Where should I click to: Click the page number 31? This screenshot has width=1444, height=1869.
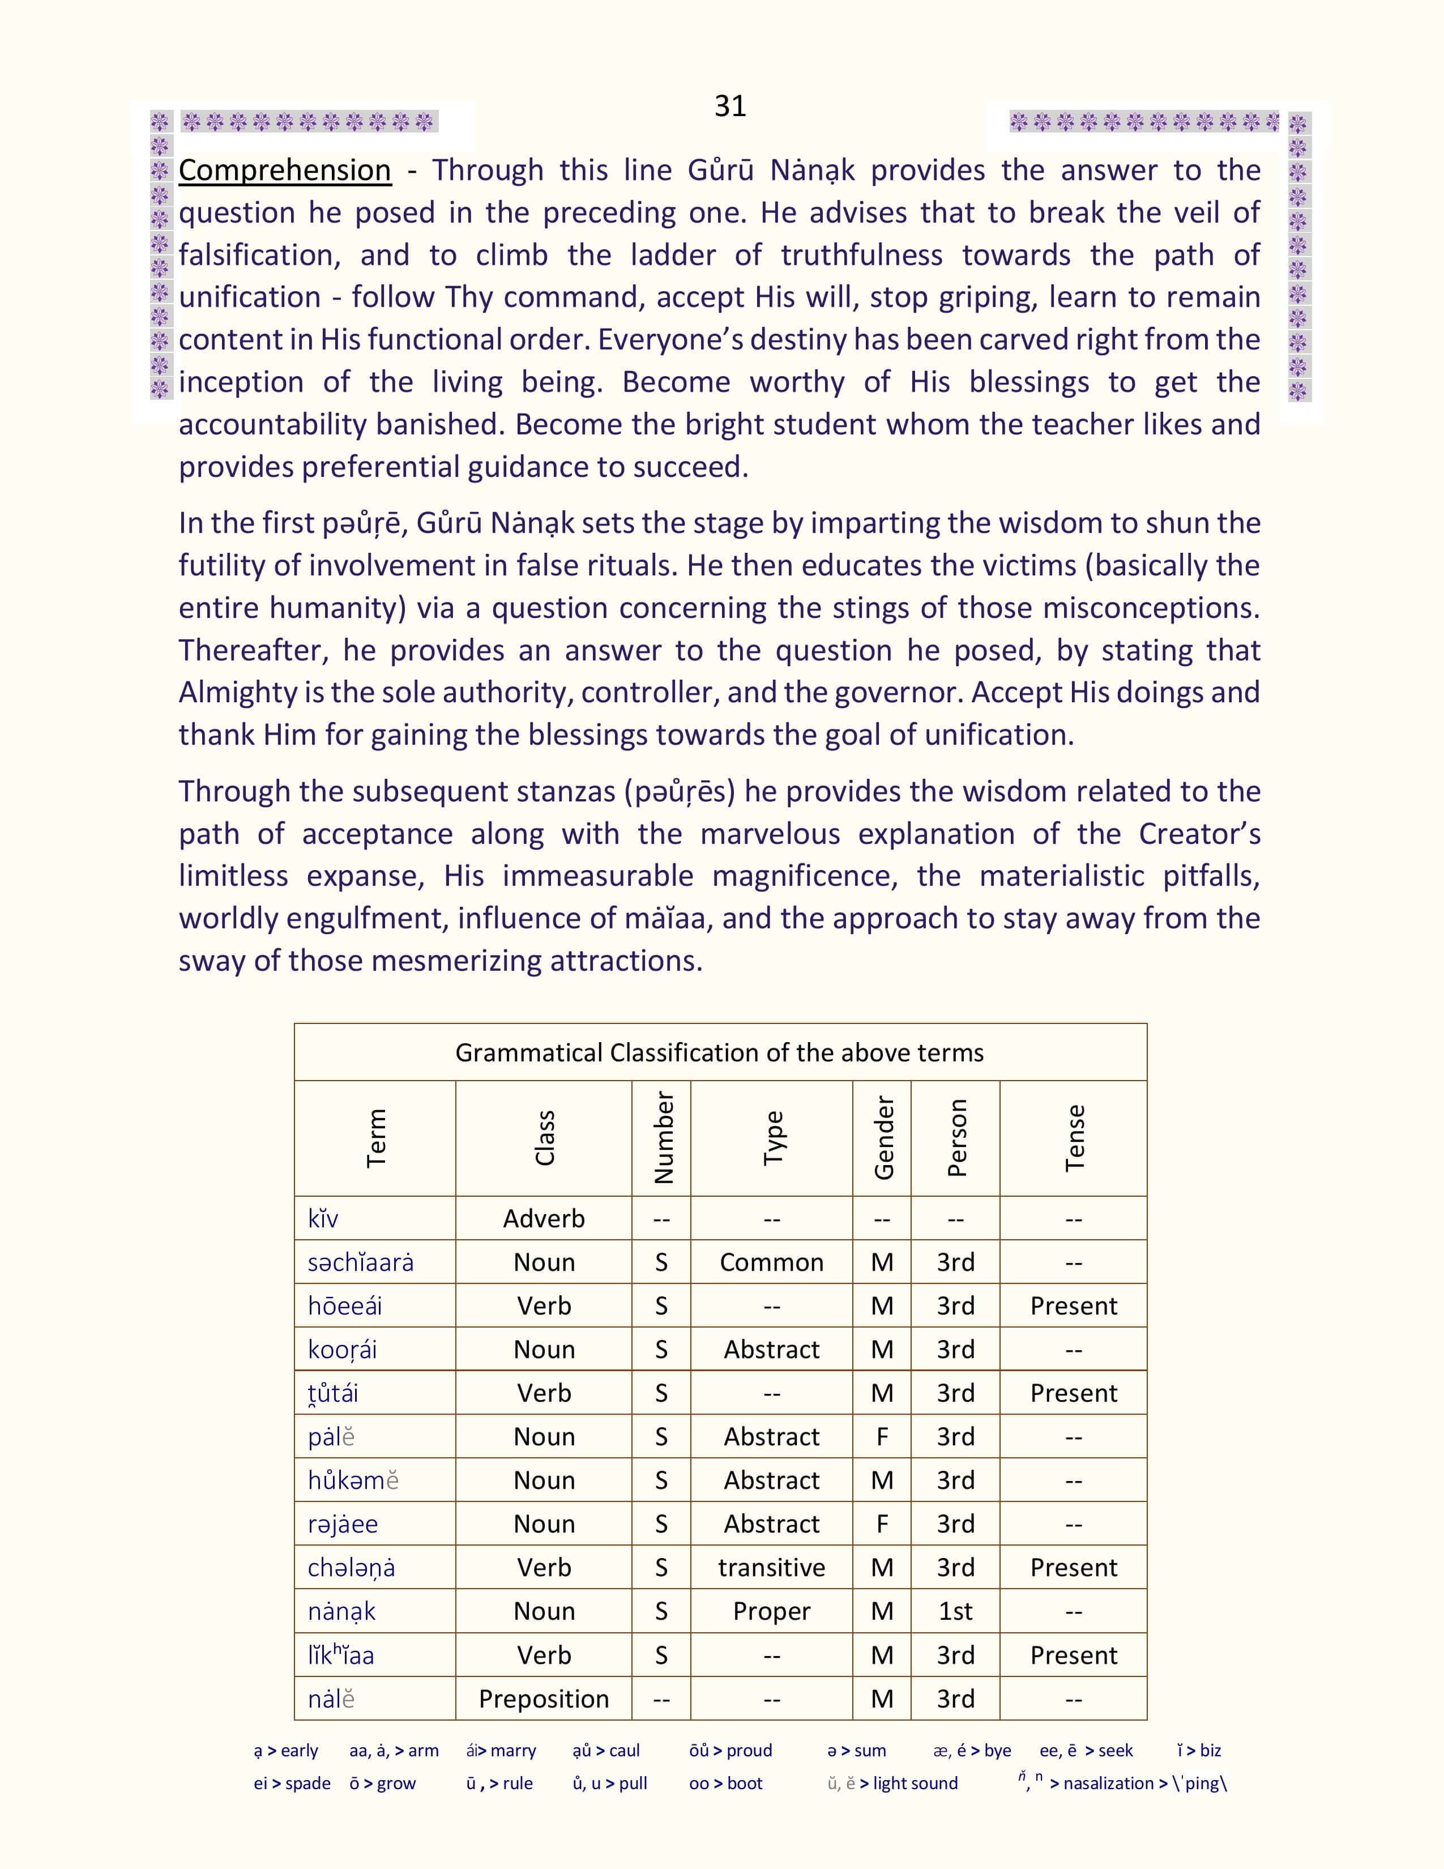pyautogui.click(x=730, y=106)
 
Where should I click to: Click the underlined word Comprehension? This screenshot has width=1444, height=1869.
pyautogui.click(x=284, y=170)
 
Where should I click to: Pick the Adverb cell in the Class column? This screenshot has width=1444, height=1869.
pyautogui.click(x=544, y=1219)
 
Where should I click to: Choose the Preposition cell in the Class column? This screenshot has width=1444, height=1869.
pyautogui.click(x=544, y=1699)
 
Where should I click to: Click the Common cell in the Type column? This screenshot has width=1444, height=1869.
pyautogui.click(x=772, y=1262)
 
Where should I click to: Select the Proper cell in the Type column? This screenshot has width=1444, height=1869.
pyautogui.click(x=772, y=1611)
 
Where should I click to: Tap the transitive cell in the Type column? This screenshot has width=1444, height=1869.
pyautogui.click(x=772, y=1568)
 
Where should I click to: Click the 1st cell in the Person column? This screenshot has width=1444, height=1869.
pyautogui.click(x=955, y=1611)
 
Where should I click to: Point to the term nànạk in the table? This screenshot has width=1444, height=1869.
pyautogui.click(x=342, y=1611)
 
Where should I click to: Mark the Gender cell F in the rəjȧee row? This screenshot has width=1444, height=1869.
pyautogui.click(x=882, y=1524)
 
